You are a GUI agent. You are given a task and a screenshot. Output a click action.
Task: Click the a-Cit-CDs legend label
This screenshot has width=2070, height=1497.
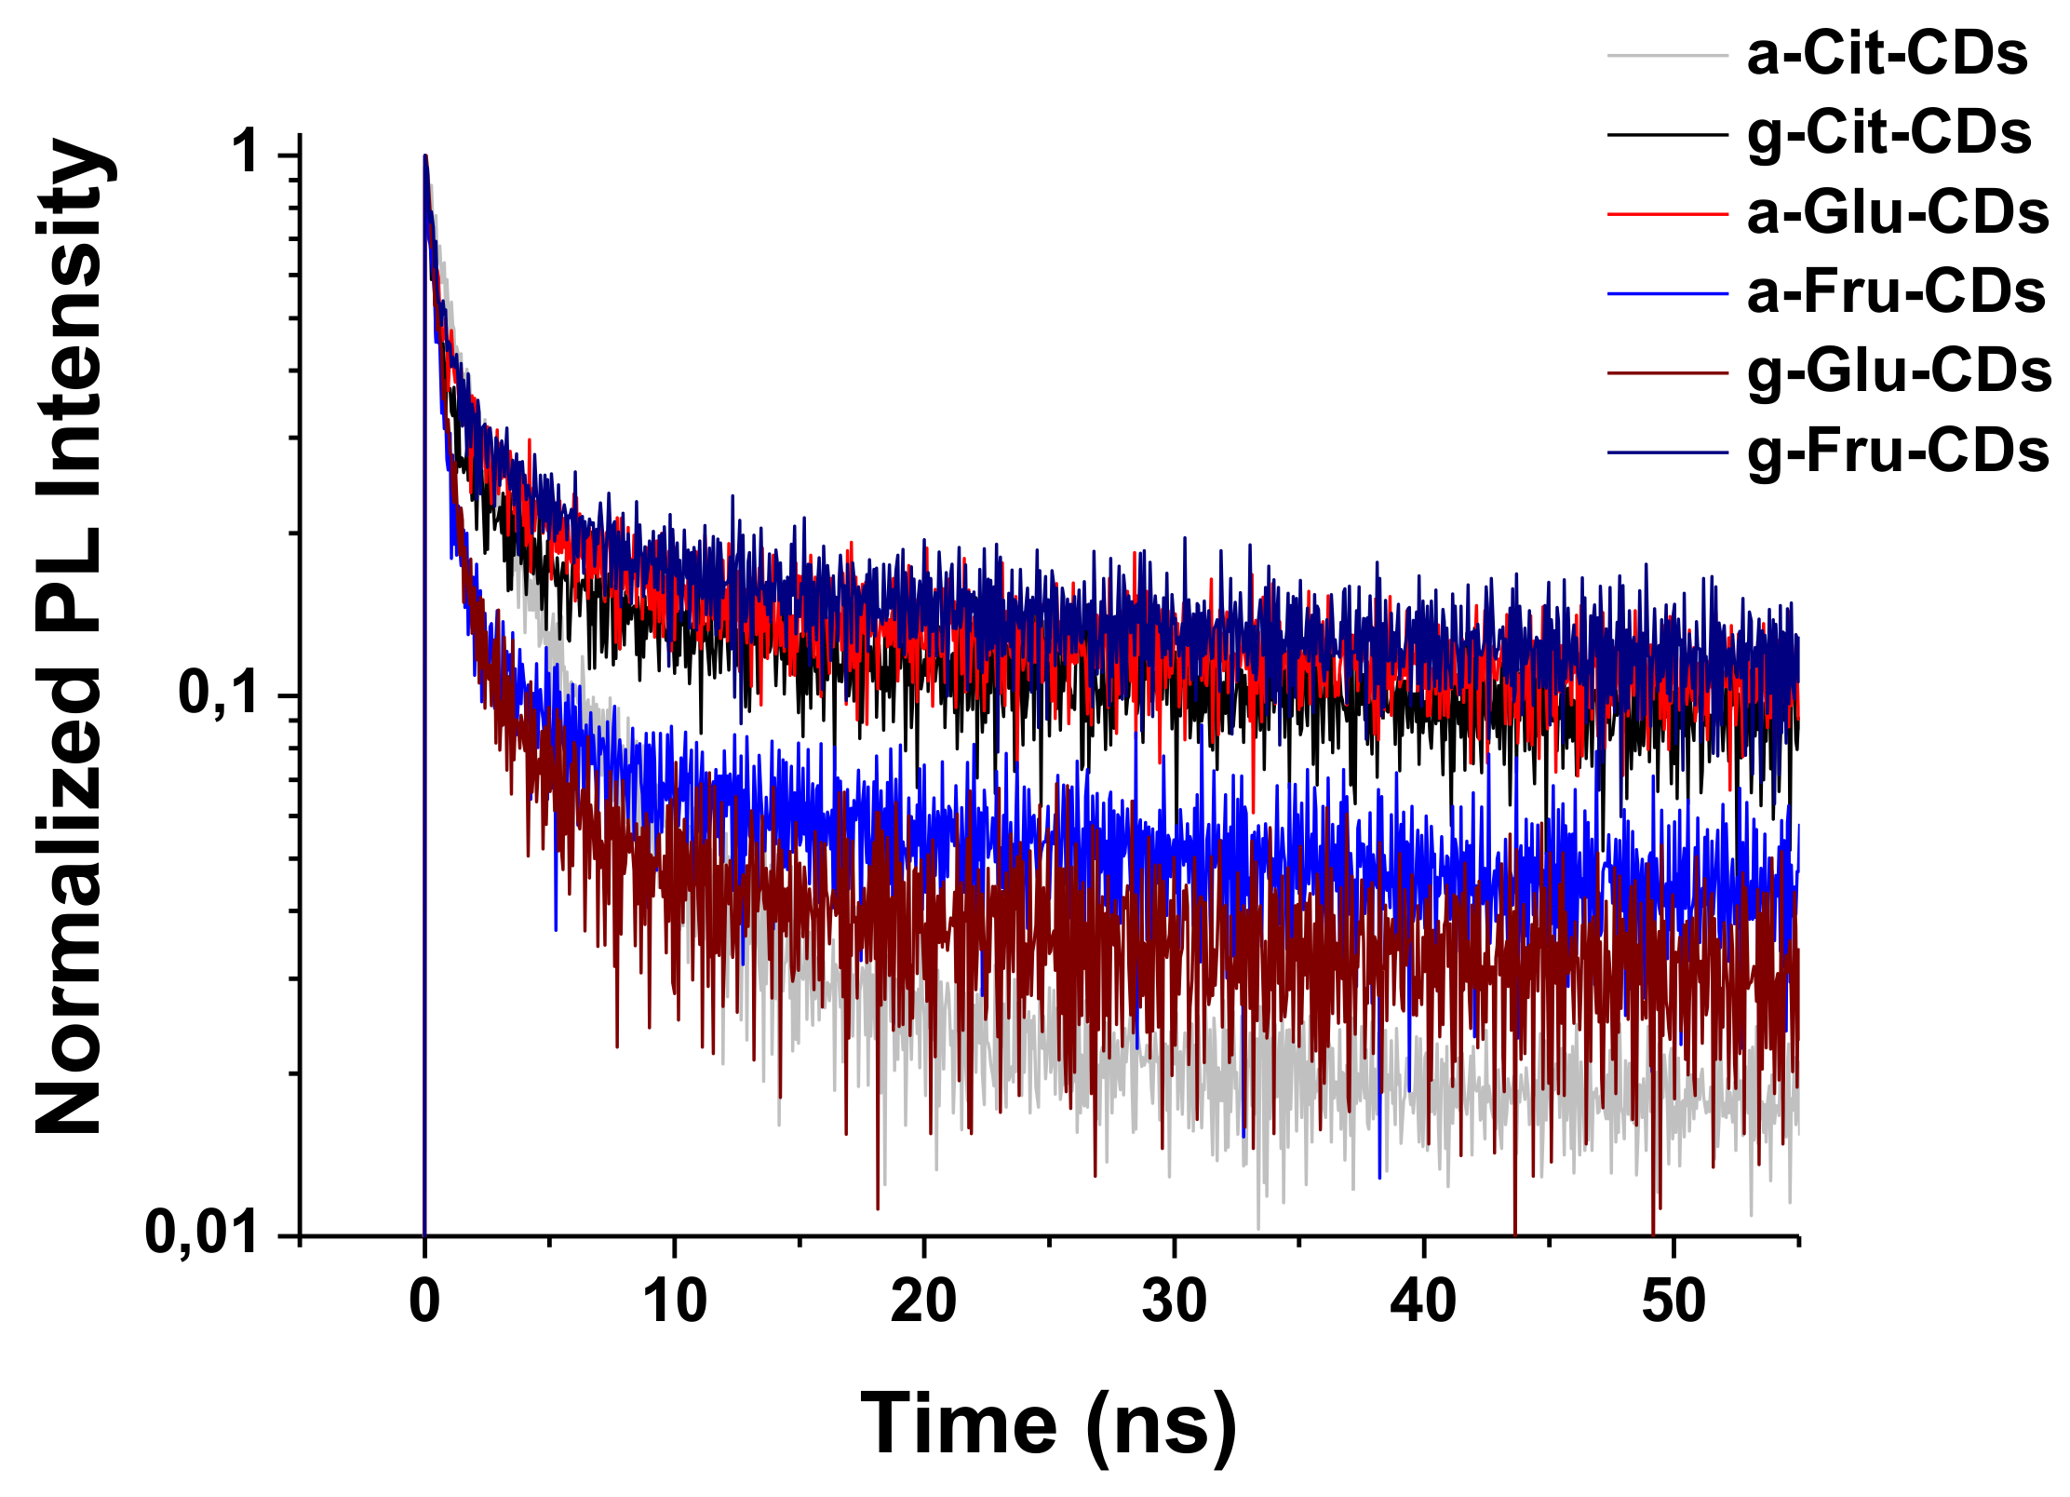1887,54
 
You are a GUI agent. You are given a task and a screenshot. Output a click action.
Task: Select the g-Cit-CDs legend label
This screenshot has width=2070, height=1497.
1889,134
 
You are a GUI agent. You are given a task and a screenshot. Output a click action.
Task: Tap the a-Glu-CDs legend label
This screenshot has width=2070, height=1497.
1897,213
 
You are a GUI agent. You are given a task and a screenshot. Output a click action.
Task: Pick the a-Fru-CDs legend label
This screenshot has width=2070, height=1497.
1895,292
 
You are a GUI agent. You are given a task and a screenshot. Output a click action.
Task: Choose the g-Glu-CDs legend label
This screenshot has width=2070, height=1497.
1899,372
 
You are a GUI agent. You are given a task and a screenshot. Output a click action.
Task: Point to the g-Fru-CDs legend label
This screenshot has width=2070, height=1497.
1897,452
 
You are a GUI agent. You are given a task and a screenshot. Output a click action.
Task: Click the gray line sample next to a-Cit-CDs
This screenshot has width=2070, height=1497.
1667,56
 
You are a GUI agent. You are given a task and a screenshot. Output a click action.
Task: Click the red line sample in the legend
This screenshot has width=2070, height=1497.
1667,214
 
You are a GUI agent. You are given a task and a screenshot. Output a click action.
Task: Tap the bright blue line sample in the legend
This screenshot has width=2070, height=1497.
1667,293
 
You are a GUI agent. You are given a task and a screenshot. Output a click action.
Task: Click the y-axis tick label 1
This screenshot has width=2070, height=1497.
248,152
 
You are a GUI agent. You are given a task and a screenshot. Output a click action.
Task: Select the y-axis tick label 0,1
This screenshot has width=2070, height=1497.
219,693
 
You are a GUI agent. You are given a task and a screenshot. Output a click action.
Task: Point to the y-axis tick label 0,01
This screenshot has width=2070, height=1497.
202,1233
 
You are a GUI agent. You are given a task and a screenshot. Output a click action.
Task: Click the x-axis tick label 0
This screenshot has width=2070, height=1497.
424,1301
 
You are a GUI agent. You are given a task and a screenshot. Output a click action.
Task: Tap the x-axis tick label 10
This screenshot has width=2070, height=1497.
674,1301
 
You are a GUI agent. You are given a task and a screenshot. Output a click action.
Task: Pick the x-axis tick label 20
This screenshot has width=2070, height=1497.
923,1301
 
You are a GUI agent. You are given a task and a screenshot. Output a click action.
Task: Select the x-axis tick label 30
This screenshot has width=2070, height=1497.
1174,1301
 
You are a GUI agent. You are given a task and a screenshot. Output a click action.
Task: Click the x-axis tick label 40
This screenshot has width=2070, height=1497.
1423,1301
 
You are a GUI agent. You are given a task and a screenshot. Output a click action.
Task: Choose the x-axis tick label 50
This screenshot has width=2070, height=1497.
1673,1301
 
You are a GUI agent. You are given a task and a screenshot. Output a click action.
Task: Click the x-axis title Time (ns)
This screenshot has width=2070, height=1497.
1049,1425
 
